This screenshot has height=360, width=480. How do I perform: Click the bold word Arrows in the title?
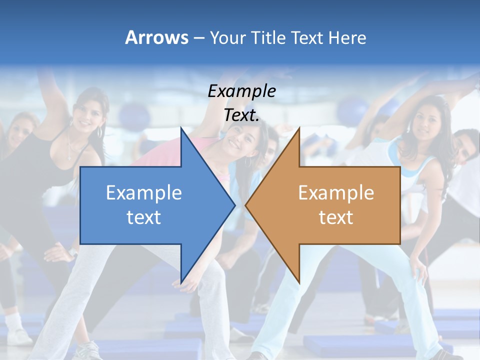(x=156, y=37)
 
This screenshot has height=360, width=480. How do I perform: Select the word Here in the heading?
(x=347, y=37)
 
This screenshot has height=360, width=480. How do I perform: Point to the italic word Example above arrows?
(x=241, y=91)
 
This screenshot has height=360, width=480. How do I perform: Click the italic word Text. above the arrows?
(x=241, y=115)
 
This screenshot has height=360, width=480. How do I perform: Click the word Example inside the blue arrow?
(x=143, y=193)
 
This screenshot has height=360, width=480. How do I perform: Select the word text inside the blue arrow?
(x=143, y=217)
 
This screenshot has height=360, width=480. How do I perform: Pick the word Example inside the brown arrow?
(x=336, y=193)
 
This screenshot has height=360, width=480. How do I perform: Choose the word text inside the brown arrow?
(x=336, y=217)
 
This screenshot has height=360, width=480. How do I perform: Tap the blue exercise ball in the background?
(x=130, y=115)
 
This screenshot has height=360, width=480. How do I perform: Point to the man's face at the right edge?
(x=464, y=147)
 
